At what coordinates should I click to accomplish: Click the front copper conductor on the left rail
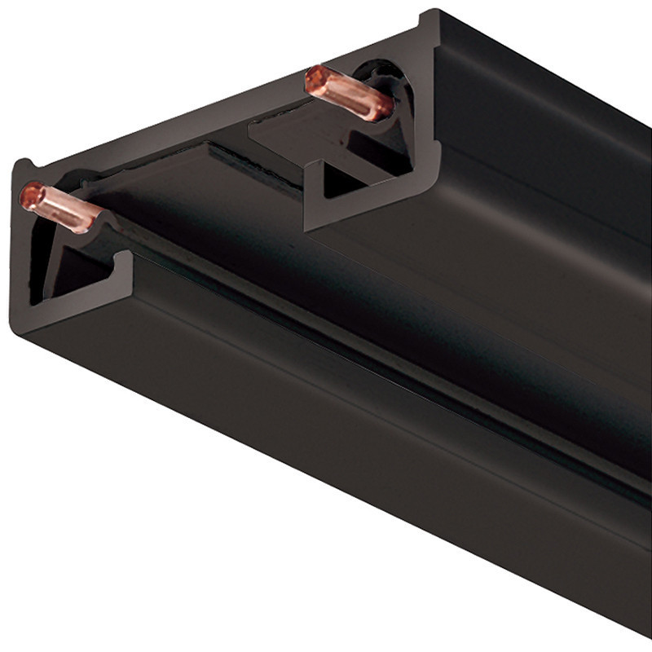(x=65, y=208)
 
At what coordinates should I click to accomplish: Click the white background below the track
(x=163, y=554)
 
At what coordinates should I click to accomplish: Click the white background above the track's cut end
(x=163, y=65)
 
